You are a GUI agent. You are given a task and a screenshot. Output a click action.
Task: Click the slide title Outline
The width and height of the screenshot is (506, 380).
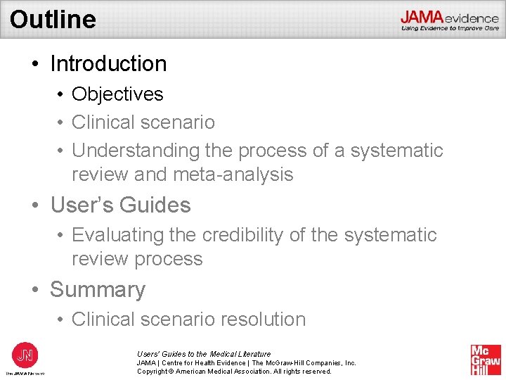tap(53, 19)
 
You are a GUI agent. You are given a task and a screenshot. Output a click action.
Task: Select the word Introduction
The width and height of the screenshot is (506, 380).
tap(108, 63)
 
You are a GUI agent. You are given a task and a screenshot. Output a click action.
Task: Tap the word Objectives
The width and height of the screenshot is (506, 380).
tap(117, 94)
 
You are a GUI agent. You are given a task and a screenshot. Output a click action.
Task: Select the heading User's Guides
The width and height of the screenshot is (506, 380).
tap(120, 205)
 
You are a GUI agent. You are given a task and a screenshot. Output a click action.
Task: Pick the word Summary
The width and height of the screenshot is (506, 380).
tap(98, 289)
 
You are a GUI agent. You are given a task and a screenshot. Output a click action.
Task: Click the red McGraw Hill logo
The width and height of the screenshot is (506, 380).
tap(486, 359)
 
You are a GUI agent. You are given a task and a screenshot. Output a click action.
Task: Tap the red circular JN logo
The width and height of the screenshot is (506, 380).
tap(25, 354)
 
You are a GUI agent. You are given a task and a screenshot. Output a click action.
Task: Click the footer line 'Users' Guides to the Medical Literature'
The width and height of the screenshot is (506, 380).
tap(203, 354)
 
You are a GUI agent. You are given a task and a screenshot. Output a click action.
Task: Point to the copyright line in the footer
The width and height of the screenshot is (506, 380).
tap(234, 371)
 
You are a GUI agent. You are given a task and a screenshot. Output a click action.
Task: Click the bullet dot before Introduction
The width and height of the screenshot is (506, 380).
tap(35, 64)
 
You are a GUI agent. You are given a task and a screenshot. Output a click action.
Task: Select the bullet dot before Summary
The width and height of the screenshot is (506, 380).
tap(35, 290)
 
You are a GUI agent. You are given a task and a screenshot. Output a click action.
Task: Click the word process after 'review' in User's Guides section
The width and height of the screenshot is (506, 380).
tap(170, 259)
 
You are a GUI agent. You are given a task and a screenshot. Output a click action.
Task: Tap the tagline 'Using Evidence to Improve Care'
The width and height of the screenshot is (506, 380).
tap(450, 28)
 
